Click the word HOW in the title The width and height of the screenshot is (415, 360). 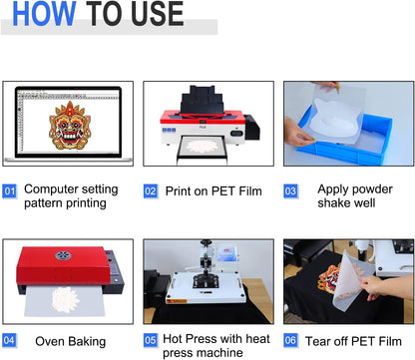coord(41,14)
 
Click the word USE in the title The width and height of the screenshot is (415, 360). coord(152,14)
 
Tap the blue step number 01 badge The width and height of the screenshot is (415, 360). coord(10,190)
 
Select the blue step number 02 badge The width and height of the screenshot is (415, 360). coord(151,190)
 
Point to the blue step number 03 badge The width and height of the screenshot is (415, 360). coord(291,190)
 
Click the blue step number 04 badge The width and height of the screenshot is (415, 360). coord(10,340)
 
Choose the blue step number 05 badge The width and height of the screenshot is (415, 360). coord(151,340)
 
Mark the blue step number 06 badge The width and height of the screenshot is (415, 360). coord(291,340)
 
